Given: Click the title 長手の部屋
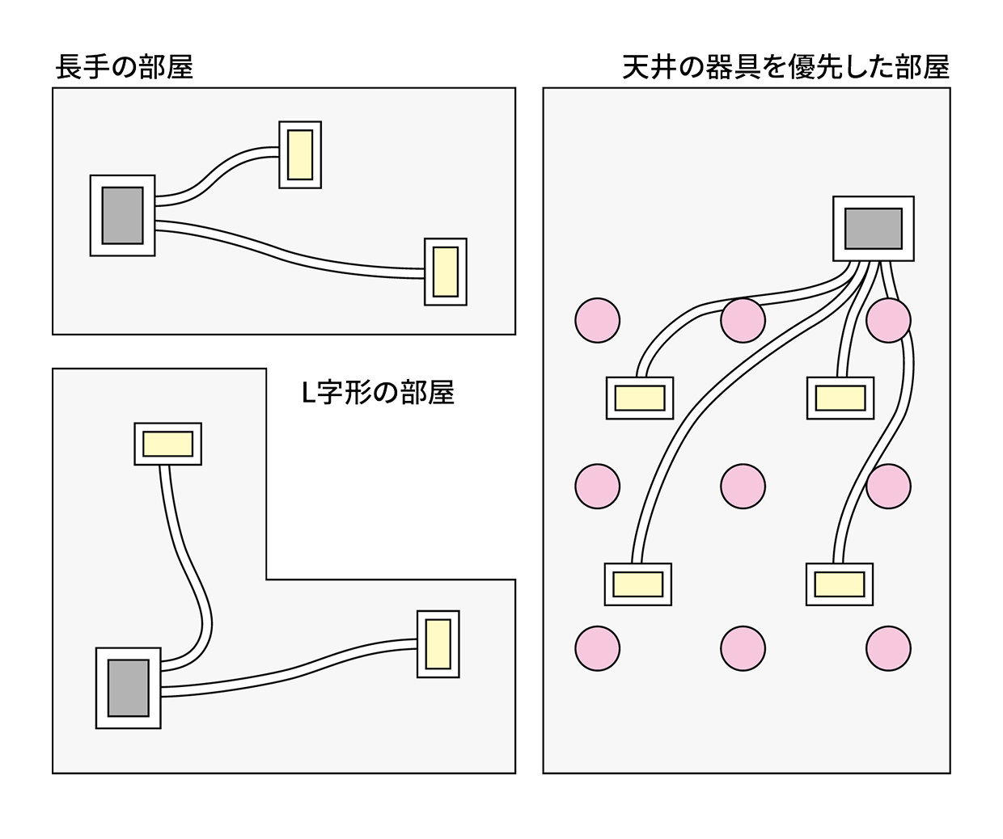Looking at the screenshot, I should point(125,67).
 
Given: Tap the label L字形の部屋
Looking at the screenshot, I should point(378,393).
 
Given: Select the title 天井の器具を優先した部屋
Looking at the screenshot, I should point(785,67).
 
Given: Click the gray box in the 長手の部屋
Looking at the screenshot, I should point(122,216).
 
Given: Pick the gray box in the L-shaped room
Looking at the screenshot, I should point(128,688).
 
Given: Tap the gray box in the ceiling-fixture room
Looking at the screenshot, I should point(873,228).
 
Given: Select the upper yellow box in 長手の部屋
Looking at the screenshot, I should point(300,154).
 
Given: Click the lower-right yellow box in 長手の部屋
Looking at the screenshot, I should point(446,272).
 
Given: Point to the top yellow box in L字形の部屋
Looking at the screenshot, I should point(167,444).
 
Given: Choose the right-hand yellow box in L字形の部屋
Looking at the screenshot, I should point(438,644).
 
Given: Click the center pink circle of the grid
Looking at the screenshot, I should point(743,486).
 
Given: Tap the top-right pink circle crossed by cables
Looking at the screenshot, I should point(888,320).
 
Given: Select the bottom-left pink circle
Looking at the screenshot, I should point(597,648).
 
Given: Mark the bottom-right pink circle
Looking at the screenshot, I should point(888,648).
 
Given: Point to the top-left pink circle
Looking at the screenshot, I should point(597,320).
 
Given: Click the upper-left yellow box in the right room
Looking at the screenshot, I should point(639,398).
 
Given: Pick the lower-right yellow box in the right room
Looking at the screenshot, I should point(839,584).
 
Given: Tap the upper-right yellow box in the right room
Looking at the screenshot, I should point(840,398).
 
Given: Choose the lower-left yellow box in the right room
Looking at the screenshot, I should point(637,584).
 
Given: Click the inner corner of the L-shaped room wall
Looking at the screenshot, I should point(266,580).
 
